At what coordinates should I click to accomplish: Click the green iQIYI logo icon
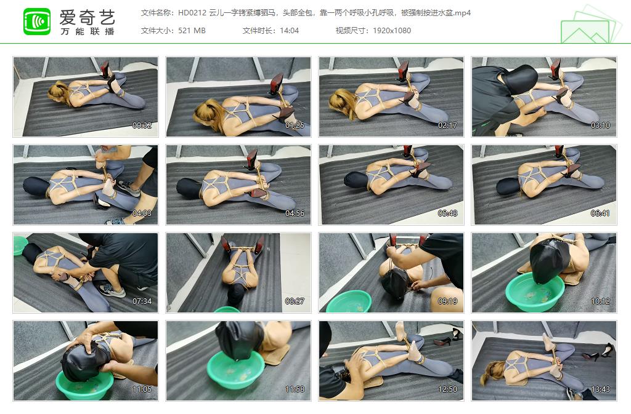(37, 22)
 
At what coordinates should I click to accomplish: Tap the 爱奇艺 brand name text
(87, 16)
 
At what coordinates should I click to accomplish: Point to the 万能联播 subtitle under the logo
(87, 31)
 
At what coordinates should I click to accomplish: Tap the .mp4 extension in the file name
(461, 13)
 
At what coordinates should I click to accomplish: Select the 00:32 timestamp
(142, 125)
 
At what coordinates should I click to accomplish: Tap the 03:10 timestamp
(600, 125)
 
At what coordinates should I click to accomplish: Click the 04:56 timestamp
(295, 213)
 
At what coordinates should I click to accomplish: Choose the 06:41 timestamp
(600, 213)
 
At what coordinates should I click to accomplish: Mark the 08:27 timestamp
(295, 301)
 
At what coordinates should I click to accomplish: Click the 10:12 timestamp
(600, 301)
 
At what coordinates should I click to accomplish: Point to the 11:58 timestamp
(295, 389)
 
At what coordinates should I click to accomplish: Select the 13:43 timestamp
(600, 389)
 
